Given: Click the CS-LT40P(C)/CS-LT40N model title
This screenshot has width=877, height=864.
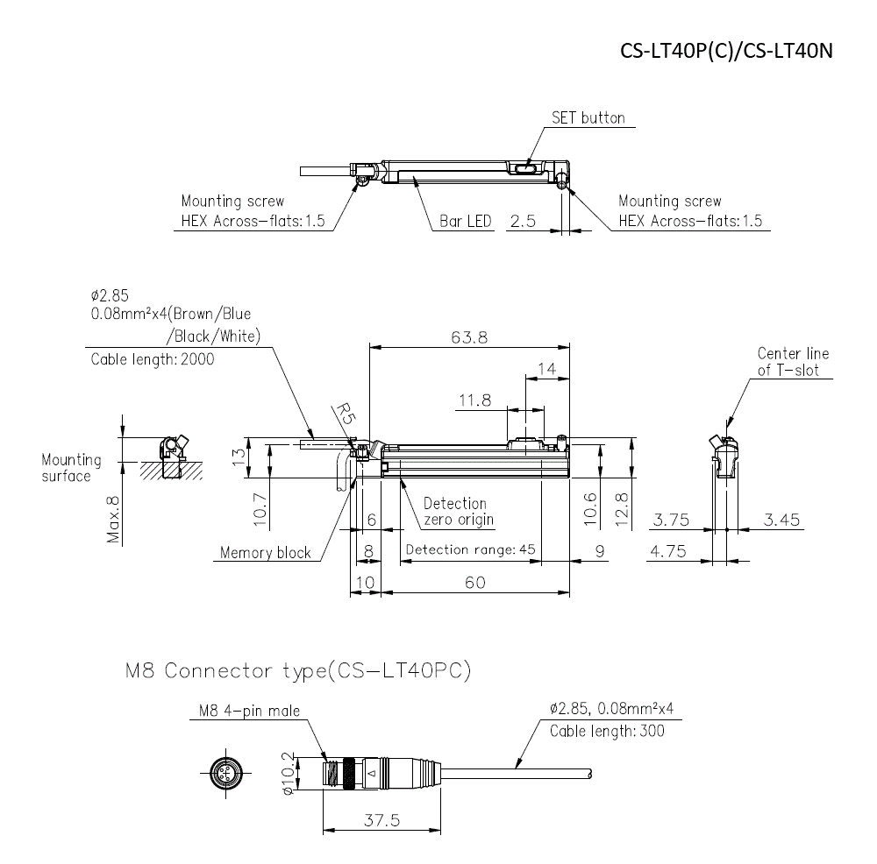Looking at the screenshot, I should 725,51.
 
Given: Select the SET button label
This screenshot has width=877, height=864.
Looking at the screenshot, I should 588,118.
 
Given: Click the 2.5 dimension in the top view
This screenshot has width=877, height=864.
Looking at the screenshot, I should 522,221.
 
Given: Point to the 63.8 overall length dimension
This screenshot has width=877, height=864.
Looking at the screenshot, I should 469,336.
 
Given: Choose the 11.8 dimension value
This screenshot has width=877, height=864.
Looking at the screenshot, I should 474,400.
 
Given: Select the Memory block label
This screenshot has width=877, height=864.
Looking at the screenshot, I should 265,553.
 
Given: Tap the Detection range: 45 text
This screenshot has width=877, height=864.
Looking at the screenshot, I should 469,550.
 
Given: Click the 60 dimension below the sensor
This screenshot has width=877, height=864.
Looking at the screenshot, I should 474,583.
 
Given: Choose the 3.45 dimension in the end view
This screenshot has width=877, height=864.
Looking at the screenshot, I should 781,520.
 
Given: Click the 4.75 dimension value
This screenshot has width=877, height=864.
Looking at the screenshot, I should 670,552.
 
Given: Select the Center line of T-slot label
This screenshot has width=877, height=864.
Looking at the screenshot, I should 793,362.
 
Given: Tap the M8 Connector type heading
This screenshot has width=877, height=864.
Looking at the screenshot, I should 298,672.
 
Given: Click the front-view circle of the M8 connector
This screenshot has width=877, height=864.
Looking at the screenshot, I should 224,772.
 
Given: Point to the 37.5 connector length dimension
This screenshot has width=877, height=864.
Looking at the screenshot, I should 383,820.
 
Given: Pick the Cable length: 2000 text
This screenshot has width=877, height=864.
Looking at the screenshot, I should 153,359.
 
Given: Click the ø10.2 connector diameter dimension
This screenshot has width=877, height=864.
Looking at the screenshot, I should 287,773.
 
